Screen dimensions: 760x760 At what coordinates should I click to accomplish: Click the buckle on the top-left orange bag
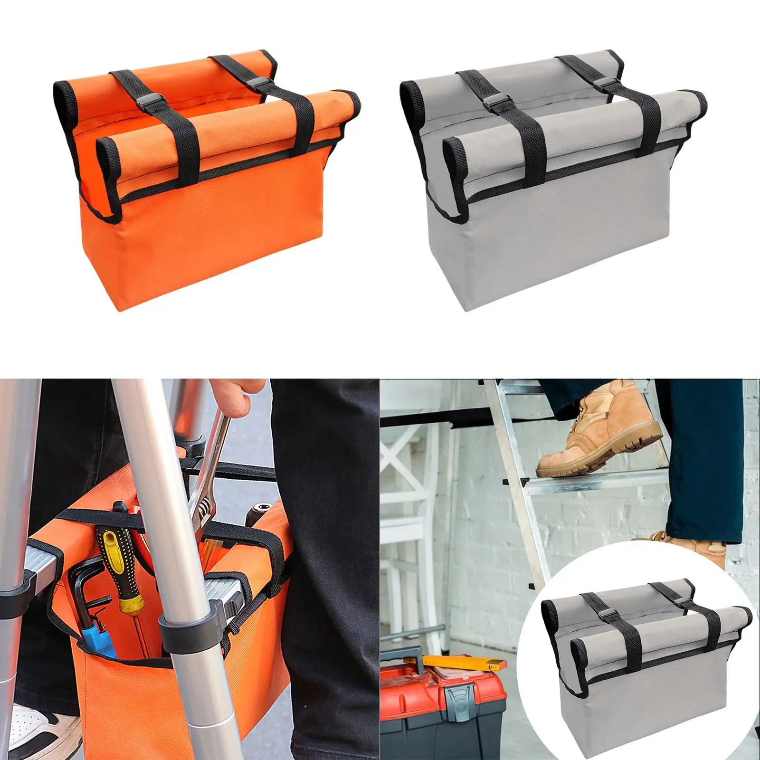click(256, 85)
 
